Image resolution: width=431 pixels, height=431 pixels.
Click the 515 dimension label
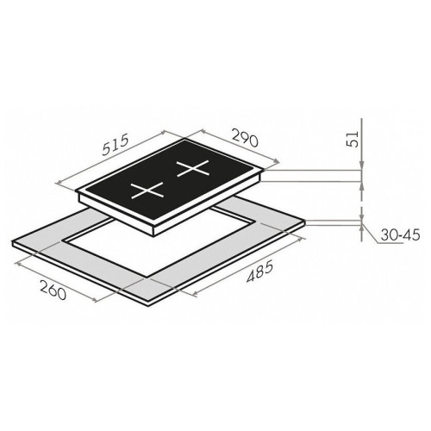(x=115, y=146)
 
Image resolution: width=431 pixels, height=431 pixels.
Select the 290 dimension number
(x=245, y=137)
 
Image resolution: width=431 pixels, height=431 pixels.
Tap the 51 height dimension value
(x=353, y=139)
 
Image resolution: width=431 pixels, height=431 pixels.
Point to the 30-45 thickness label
(x=401, y=235)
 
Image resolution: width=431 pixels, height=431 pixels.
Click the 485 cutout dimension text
(x=259, y=272)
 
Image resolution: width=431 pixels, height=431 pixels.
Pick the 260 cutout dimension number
(x=53, y=290)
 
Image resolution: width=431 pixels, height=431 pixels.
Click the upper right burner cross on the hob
(x=193, y=169)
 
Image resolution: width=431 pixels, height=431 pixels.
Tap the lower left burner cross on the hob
(x=147, y=191)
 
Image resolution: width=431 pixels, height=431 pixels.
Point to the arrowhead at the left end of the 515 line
(x=59, y=183)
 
